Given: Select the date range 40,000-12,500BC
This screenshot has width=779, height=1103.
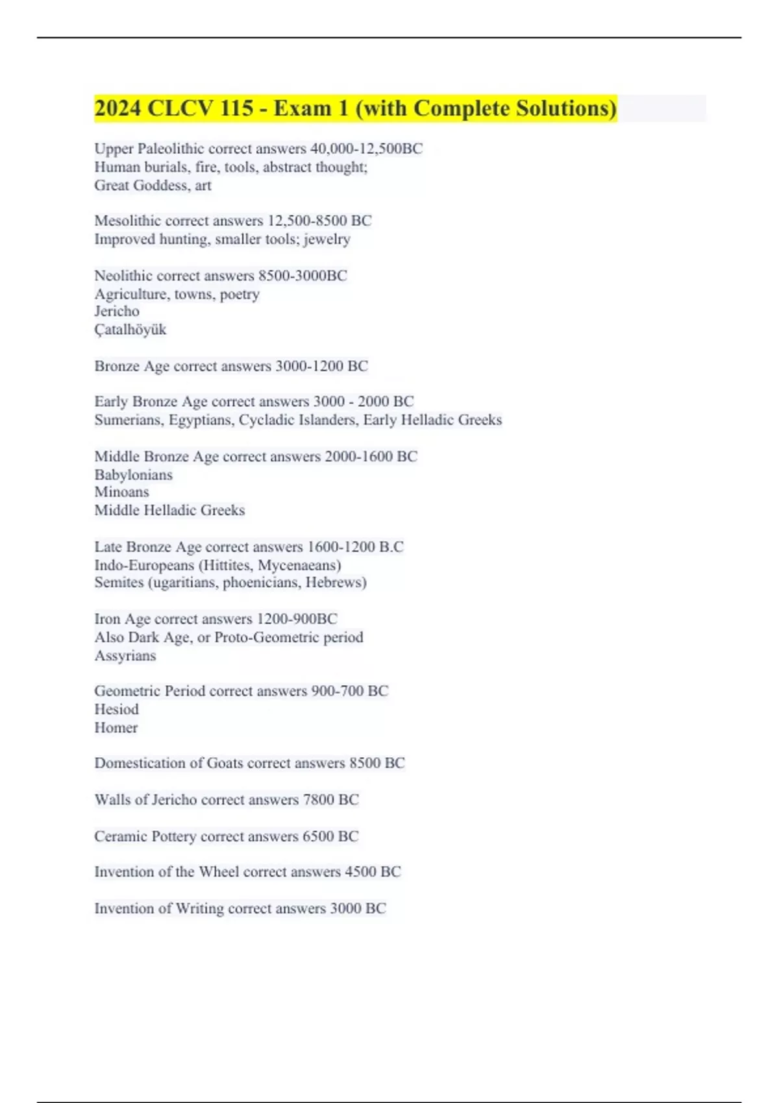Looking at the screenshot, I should (366, 149).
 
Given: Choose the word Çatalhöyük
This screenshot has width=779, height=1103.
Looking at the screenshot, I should (130, 330).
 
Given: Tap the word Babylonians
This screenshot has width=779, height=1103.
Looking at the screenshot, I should (133, 475).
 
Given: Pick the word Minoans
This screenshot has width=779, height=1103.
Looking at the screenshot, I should (121, 492).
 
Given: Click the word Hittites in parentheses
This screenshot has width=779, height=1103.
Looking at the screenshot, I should (229, 565).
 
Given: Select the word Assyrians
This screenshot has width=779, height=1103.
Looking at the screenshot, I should (125, 656).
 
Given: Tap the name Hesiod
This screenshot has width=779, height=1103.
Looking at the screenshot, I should (116, 709).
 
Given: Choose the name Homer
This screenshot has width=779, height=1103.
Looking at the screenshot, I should (116, 728).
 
